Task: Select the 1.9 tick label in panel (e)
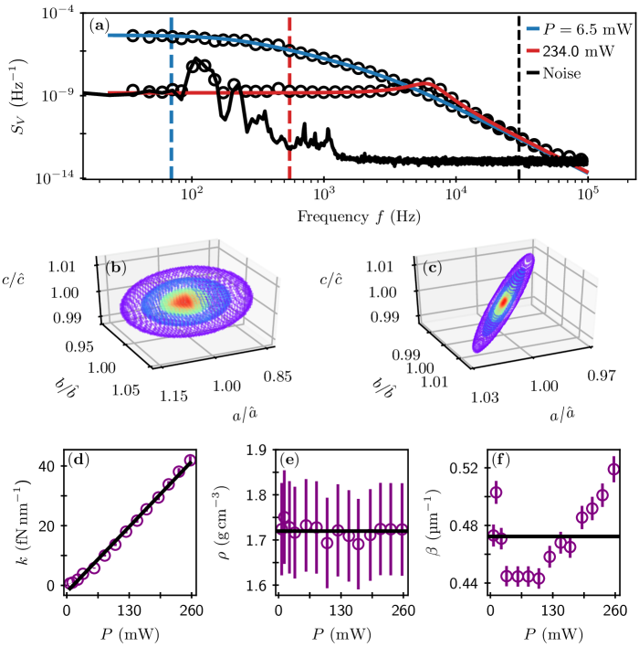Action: click(256, 450)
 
